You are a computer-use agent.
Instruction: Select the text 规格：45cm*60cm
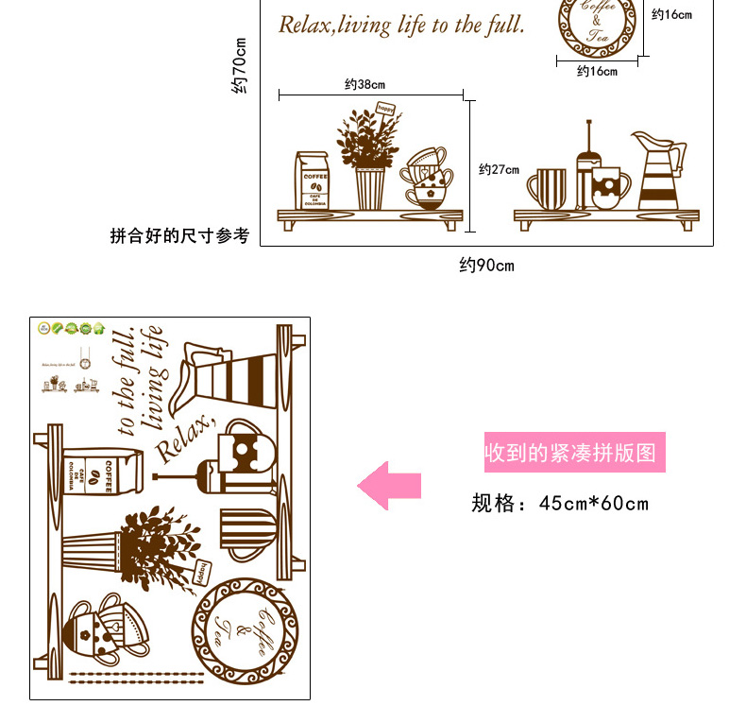point(560,503)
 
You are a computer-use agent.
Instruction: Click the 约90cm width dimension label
point(486,266)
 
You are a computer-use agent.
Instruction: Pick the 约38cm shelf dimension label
point(365,85)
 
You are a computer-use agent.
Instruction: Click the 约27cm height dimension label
point(499,170)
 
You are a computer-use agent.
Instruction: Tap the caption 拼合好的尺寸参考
point(179,235)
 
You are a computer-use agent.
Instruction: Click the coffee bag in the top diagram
point(313,181)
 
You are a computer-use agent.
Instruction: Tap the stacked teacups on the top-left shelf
point(426,178)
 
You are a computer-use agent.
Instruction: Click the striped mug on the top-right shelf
point(548,189)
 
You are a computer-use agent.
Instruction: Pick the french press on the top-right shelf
point(584,168)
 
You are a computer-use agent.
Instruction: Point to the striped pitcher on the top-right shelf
point(659,172)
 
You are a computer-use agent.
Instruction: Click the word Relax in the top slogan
point(304,26)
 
